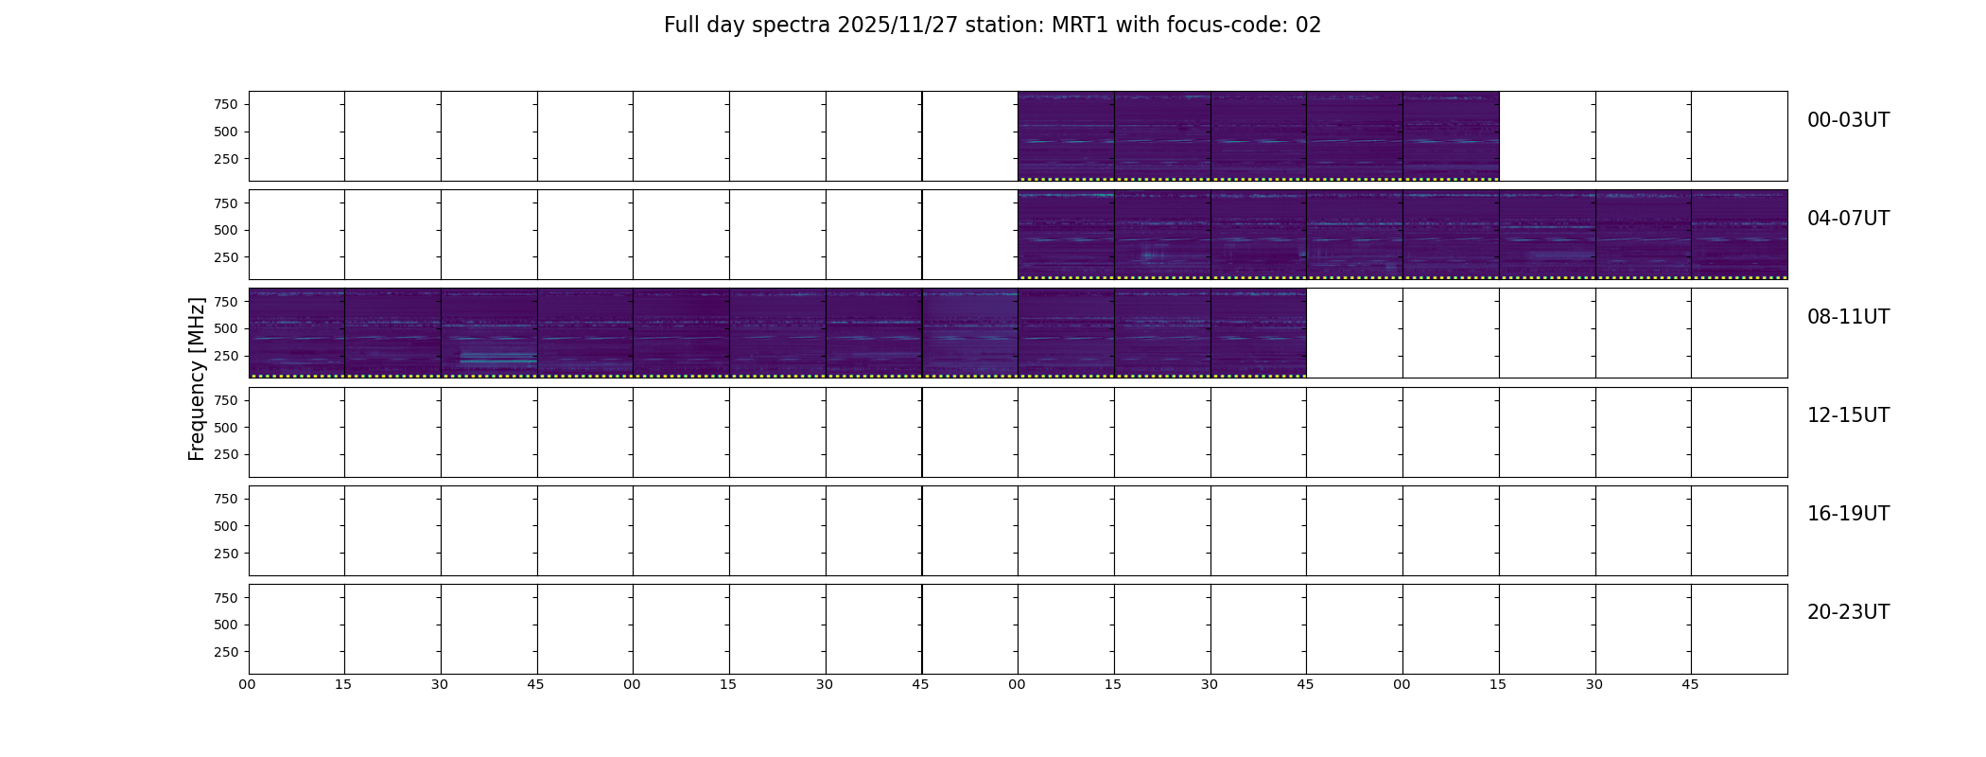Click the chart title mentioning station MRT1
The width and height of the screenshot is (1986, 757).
(x=992, y=26)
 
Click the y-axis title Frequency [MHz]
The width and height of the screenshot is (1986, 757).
(x=197, y=378)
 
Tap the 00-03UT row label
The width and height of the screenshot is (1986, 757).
(x=1848, y=120)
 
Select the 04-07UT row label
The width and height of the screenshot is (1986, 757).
(x=1848, y=219)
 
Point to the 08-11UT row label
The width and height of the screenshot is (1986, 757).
(x=1848, y=317)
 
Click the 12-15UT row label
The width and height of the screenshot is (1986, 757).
(x=1848, y=415)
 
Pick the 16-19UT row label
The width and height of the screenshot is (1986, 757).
(x=1848, y=514)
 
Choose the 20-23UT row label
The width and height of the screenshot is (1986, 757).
(x=1848, y=612)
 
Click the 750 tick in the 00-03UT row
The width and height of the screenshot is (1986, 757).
(x=225, y=104)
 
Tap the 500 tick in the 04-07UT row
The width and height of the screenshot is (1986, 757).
(x=225, y=230)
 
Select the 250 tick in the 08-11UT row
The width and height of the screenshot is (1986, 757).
(x=225, y=356)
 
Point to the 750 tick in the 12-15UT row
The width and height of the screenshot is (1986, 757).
(x=225, y=400)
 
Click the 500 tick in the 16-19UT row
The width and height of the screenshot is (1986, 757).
(x=225, y=526)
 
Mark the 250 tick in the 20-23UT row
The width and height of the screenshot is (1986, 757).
(x=225, y=652)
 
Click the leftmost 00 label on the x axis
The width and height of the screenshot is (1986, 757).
(x=248, y=685)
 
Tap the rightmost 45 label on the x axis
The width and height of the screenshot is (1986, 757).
(x=1690, y=685)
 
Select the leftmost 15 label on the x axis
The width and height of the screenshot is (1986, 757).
(x=343, y=685)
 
